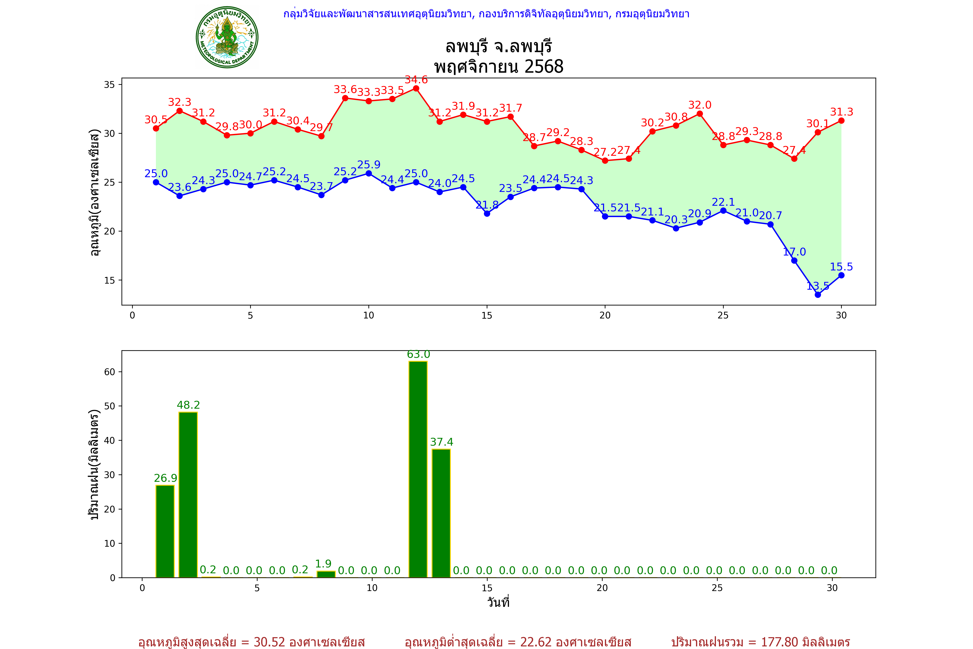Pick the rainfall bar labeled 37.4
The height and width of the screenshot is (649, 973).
(441, 513)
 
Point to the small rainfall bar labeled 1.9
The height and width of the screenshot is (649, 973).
(326, 574)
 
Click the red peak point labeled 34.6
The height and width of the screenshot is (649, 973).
(416, 88)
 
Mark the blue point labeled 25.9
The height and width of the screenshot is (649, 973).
(369, 173)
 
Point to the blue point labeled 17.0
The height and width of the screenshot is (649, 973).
(794, 260)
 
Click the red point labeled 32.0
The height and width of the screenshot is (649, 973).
(699, 114)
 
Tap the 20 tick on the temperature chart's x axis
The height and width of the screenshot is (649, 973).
(605, 315)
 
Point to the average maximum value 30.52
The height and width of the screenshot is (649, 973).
(269, 642)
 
